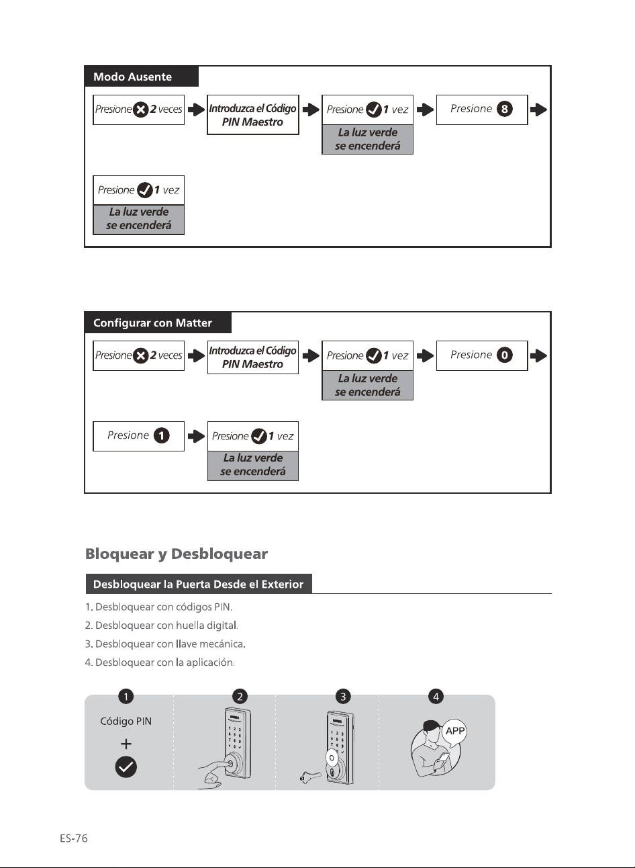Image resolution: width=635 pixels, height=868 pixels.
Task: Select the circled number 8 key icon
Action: tap(505, 109)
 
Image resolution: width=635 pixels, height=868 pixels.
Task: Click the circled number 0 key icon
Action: tap(505, 355)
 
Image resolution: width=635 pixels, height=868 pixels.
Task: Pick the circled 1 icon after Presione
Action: tap(162, 435)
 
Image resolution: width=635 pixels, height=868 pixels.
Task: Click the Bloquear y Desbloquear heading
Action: tap(176, 554)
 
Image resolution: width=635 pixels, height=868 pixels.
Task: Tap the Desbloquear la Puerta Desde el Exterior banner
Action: tap(199, 584)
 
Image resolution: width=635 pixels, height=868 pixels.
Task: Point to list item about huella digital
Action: tap(162, 625)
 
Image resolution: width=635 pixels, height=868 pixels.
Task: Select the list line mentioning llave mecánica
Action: tap(165, 644)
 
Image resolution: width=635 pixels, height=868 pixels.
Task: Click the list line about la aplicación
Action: tap(160, 662)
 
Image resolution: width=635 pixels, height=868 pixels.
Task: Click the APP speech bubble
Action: tap(454, 732)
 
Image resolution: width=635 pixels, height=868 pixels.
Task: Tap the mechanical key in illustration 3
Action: tap(311, 776)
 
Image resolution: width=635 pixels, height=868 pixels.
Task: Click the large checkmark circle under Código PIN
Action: tap(126, 767)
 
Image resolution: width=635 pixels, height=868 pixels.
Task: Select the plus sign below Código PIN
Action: tap(126, 744)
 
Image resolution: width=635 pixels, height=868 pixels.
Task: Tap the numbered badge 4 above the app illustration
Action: tap(436, 696)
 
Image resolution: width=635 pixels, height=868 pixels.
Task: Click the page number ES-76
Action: tap(74, 838)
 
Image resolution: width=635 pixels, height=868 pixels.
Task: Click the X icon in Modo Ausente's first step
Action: tap(141, 110)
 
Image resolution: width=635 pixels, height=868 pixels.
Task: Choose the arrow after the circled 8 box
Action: tap(538, 110)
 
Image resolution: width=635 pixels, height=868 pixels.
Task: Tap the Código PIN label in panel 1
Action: tap(126, 721)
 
